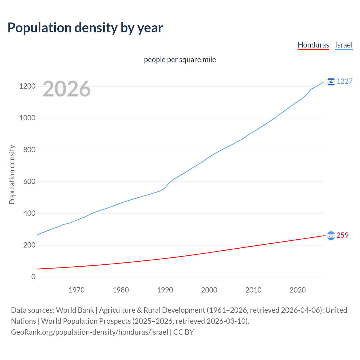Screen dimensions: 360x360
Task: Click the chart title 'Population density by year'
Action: [x=85, y=28]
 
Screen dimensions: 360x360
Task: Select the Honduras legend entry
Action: [x=313, y=45]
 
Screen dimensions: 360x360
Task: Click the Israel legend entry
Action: [x=344, y=45]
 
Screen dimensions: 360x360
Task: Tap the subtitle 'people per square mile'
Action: [x=180, y=60]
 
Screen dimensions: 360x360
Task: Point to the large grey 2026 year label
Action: [x=67, y=89]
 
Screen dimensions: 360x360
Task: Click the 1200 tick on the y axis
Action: [x=27, y=86]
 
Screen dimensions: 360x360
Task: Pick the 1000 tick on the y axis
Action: [x=27, y=118]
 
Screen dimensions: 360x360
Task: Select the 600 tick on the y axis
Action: [x=29, y=182]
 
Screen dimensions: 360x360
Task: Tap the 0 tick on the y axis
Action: [x=33, y=277]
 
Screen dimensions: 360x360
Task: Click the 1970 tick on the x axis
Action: [x=76, y=290]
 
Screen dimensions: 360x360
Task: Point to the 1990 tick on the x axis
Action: [x=165, y=290]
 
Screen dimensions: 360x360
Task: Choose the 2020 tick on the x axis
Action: [x=298, y=290]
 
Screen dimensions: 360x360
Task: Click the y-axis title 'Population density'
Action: [x=12, y=174]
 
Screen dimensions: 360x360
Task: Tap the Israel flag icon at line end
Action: [x=331, y=82]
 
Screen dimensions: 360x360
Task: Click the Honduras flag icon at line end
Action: [x=331, y=235]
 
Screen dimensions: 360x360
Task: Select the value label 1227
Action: [x=345, y=82]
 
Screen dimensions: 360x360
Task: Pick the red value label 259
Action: [x=342, y=235]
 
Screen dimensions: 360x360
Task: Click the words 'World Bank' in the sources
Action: [x=75, y=310]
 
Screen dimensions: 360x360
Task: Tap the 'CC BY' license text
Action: [x=184, y=332]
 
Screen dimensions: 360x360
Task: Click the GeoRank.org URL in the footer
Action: [x=89, y=332]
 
